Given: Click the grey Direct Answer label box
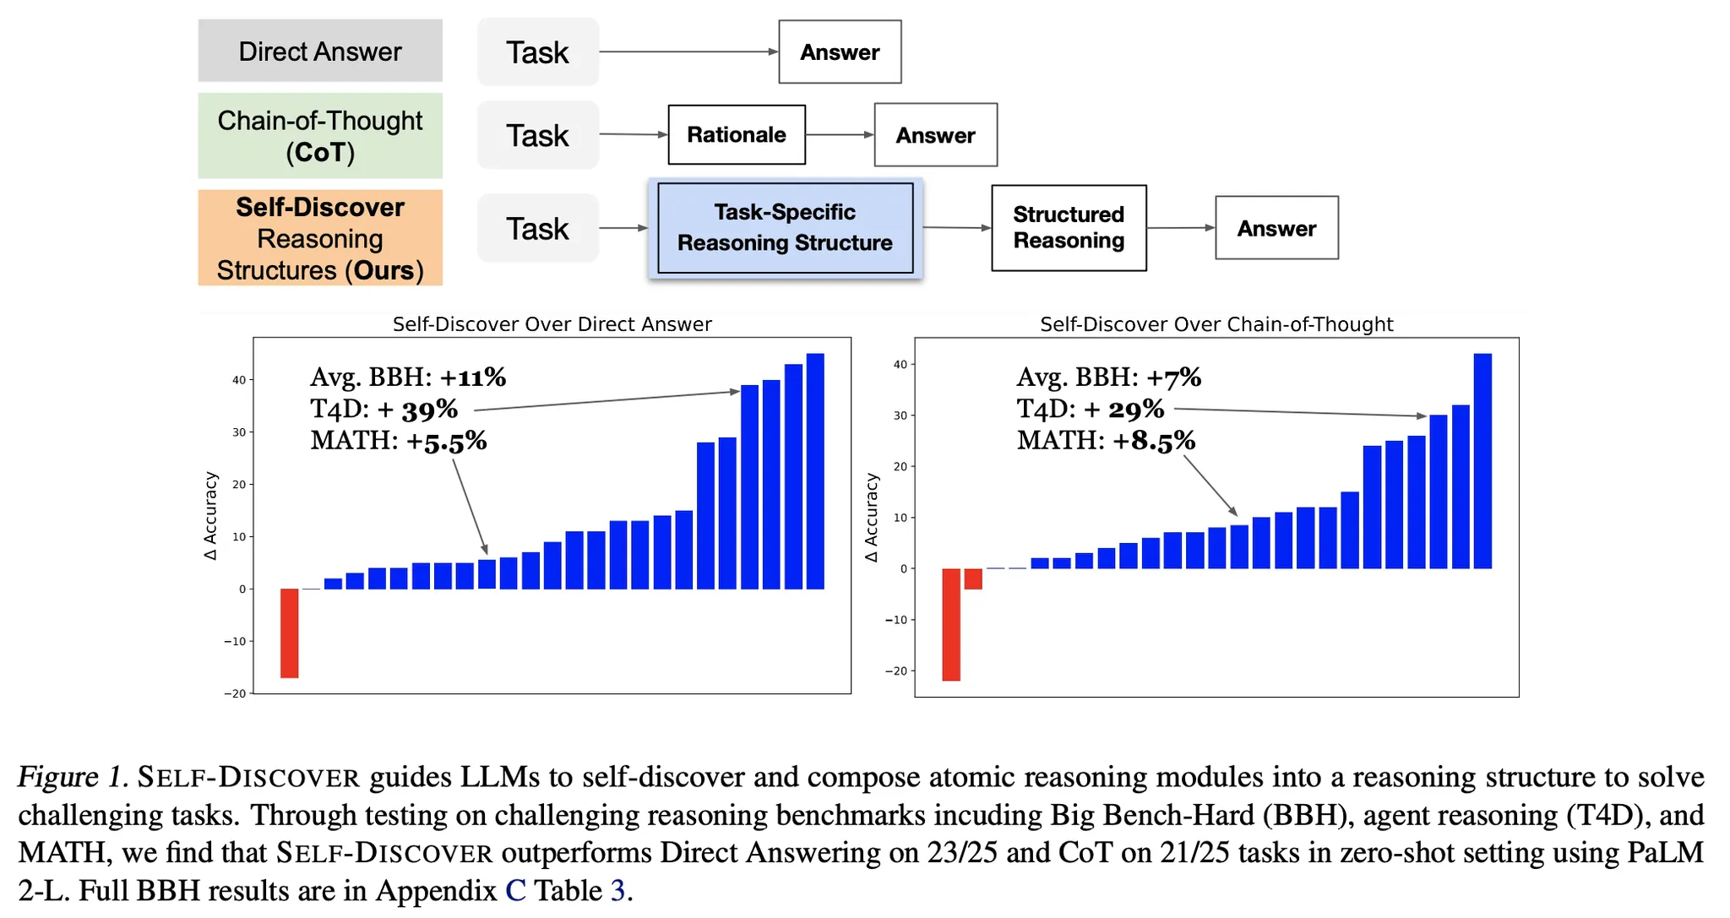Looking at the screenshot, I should [319, 51].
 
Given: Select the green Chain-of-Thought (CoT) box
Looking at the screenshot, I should [319, 135].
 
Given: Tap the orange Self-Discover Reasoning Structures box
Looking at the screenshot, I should [319, 237].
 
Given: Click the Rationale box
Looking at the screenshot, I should [736, 134].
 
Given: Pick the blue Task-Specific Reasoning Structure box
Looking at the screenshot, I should [785, 228].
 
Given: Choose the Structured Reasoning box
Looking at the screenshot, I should [1068, 228].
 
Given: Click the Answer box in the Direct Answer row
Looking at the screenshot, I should [840, 52].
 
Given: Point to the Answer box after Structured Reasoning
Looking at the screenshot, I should [1276, 228].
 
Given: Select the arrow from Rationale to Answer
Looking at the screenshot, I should [839, 134].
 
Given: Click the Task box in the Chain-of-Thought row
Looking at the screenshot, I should [537, 135].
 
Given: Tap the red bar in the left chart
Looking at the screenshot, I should [289, 633].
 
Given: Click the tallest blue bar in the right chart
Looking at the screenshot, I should [1482, 460].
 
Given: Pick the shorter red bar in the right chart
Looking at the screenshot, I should [973, 579].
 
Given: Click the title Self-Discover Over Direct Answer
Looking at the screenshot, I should [552, 324].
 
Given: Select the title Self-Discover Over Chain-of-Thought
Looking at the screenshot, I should [1216, 324].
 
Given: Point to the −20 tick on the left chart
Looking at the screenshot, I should [235, 693].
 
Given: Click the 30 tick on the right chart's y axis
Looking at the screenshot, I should [900, 416].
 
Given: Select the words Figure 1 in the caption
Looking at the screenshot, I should [71, 777].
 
